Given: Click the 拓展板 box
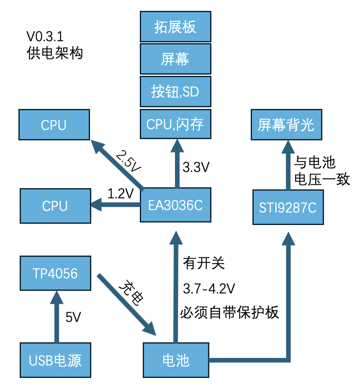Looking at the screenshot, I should pos(175,27).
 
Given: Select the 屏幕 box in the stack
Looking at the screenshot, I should pos(175,59).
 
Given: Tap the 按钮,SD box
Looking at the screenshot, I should pos(175,91).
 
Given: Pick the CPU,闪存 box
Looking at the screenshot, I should pos(175,124).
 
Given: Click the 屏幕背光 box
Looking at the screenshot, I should pos(286,124).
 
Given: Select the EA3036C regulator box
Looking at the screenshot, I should pos(175,205).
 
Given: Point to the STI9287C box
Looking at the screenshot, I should pos(288,207).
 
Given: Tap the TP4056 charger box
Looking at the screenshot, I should pos(55,273).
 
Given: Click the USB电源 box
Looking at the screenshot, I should pos(55,360).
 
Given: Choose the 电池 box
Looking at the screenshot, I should pos(176,360).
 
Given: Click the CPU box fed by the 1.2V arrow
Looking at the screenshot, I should pos(55,206).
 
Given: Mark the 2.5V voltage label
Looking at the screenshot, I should pos(129,161).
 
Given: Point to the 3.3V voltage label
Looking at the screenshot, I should pos(196,168).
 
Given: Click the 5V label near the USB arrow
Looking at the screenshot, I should pos(73,318).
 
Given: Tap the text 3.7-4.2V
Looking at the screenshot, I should pos(209,288).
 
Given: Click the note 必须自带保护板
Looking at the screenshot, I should pos(229,313).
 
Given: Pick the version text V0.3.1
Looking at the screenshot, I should pos(45,36).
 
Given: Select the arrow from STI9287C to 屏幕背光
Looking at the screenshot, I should pos(288,166).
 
